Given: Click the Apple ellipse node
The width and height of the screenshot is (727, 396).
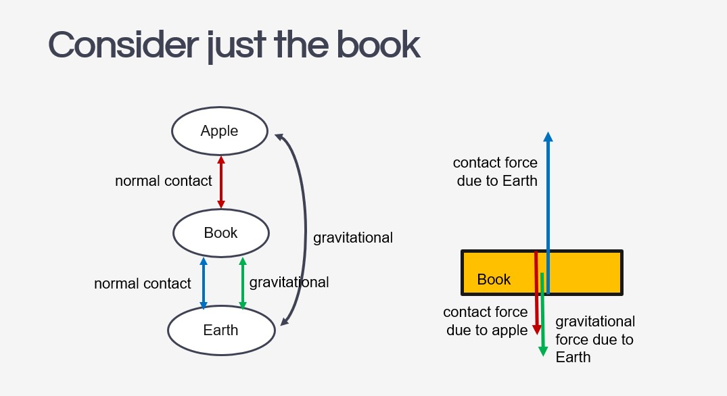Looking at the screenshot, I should point(220,131).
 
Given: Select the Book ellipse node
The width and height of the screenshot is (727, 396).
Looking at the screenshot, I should point(221,233).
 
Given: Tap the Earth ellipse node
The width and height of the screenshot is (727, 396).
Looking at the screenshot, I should point(221,330).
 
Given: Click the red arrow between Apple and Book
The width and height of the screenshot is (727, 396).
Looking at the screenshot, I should point(220,182).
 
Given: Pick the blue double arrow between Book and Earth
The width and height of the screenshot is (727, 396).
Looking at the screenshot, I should point(203,283).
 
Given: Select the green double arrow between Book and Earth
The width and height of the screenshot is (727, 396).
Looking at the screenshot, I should point(242,283).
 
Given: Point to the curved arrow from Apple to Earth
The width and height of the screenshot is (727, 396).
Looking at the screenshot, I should point(305,230).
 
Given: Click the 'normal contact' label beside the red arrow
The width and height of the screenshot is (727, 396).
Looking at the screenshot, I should point(164,181).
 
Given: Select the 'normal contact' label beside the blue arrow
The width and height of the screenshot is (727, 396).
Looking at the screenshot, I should point(143,284).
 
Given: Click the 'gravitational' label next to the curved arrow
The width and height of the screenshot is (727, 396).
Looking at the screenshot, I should point(353,238).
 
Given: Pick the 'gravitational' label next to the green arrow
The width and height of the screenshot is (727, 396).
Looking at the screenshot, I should point(289,282).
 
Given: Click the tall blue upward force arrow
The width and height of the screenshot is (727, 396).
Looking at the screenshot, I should point(548,203).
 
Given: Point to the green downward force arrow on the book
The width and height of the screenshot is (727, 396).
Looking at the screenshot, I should point(542,318).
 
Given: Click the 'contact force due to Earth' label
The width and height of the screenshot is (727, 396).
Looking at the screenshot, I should point(496,172).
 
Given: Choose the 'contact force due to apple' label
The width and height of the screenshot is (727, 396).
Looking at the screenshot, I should point(486,321).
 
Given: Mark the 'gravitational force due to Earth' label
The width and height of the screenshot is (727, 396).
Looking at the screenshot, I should point(595,339).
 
